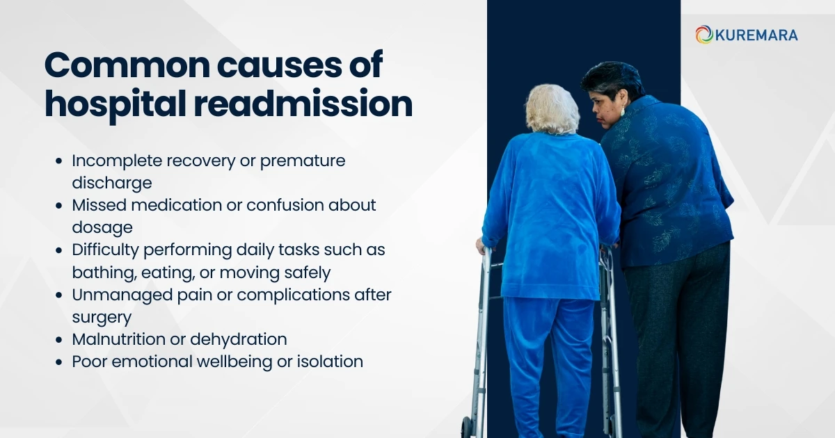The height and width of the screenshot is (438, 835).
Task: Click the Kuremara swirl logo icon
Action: pyautogui.click(x=704, y=35)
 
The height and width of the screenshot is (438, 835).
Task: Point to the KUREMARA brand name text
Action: pyautogui.click(x=757, y=35)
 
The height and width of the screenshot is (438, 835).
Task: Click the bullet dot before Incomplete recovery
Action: pyautogui.click(x=60, y=161)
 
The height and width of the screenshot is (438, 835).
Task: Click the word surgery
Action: pyautogui.click(x=102, y=317)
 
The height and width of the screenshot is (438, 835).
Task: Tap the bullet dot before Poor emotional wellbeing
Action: pyautogui.click(x=60, y=362)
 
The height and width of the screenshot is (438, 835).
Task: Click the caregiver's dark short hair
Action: pyautogui.click(x=612, y=76)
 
